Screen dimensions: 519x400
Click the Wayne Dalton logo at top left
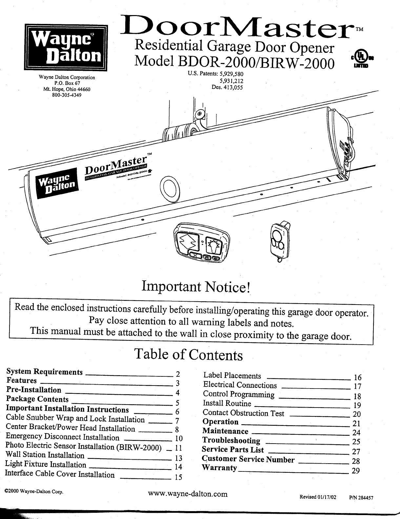(x=65, y=47)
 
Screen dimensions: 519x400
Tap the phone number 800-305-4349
(x=67, y=95)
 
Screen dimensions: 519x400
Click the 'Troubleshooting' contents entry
(x=231, y=440)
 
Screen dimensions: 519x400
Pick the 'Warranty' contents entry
(x=219, y=467)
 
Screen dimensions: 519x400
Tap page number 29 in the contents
(x=356, y=471)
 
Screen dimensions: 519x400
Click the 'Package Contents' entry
(x=37, y=399)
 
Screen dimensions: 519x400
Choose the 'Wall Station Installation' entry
(x=45, y=455)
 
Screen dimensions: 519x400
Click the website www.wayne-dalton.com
(x=188, y=494)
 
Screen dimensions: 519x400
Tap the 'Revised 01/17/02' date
(x=318, y=496)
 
